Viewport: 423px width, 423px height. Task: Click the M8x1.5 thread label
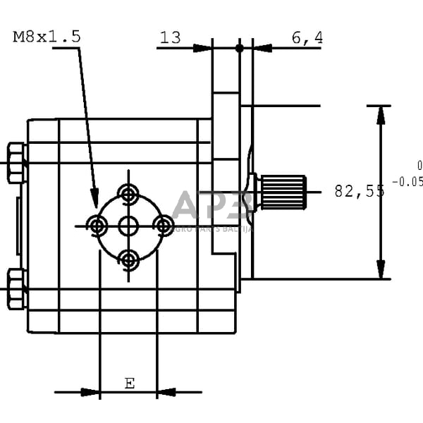(x=46, y=37)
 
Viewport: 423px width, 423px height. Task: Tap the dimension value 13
(x=170, y=37)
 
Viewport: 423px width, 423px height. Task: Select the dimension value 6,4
(x=307, y=37)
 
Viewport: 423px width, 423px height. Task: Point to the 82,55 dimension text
(x=359, y=190)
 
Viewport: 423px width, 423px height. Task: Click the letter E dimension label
(x=129, y=384)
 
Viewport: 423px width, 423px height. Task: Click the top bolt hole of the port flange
(x=128, y=192)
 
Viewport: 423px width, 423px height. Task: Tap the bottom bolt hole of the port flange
(x=128, y=259)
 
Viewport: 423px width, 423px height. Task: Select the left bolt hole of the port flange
(x=97, y=226)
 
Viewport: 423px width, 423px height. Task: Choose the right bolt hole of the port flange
(x=164, y=226)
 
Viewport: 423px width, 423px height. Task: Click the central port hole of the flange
(x=128, y=226)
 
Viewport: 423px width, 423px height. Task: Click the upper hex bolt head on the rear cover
(x=16, y=163)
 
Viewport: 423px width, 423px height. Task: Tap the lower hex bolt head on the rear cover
(x=16, y=289)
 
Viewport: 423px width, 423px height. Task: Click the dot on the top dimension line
(x=240, y=48)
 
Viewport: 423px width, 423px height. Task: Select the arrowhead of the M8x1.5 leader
(x=95, y=201)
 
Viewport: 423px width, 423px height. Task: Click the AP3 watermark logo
(x=211, y=206)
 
